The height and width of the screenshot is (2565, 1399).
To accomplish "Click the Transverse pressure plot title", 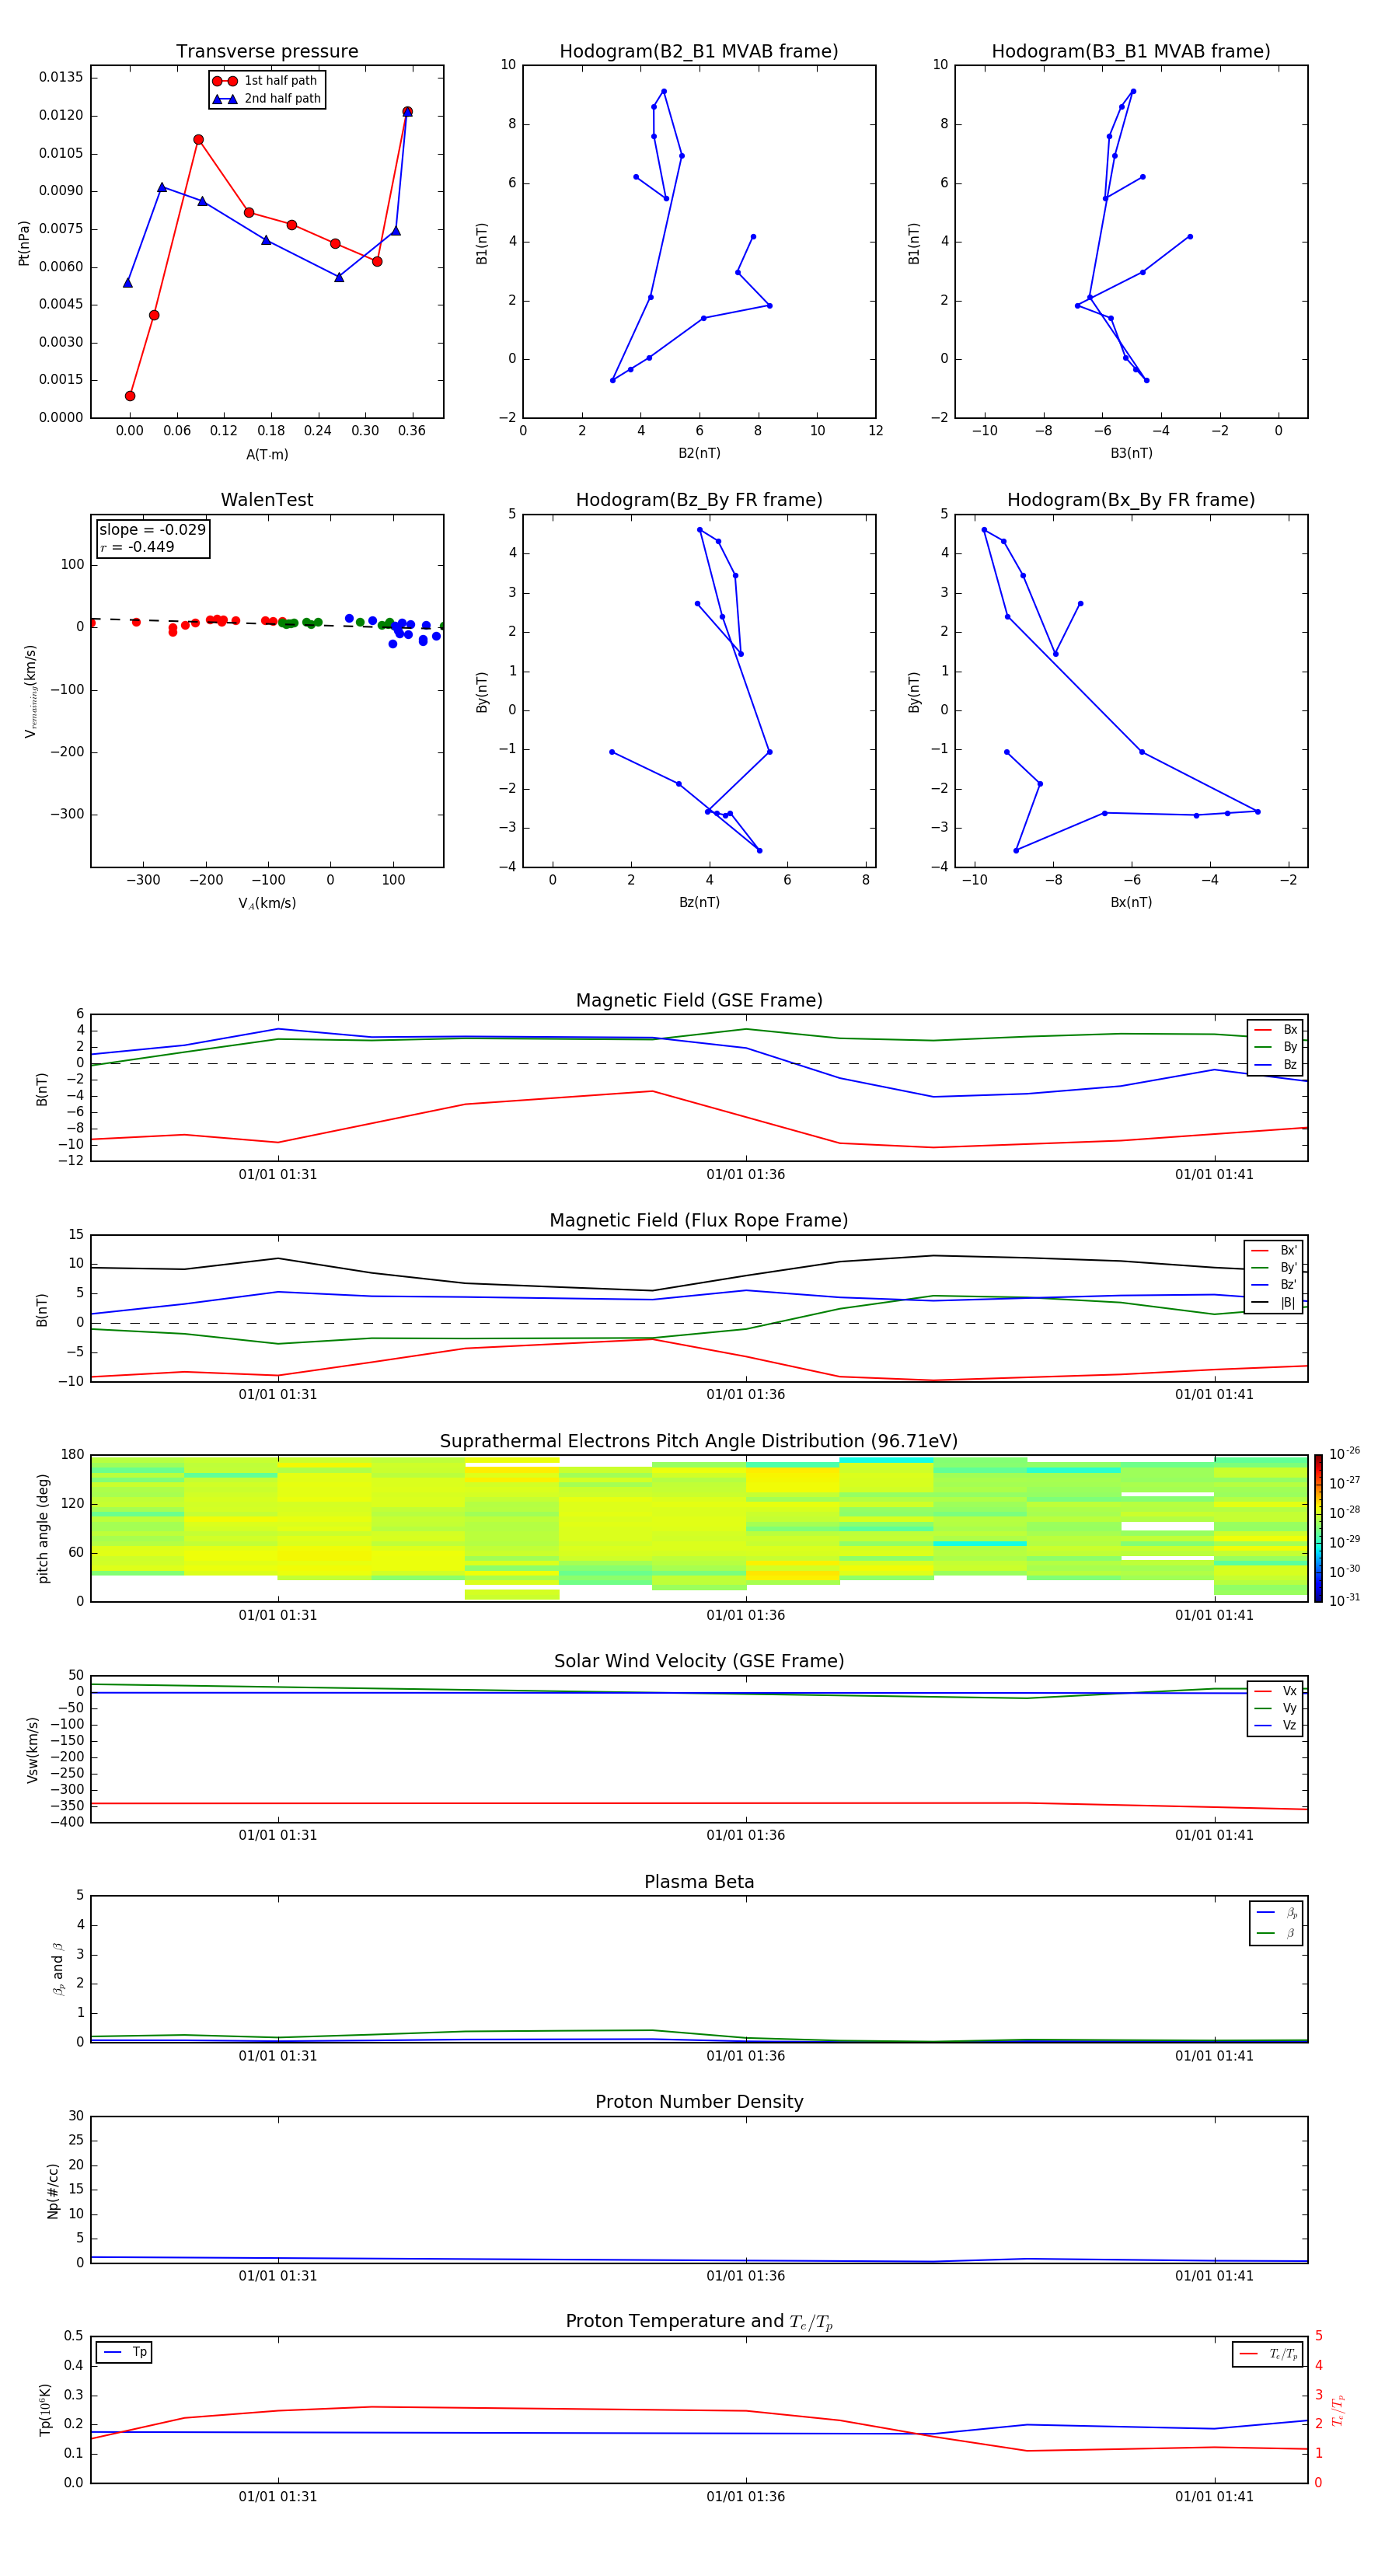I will (267, 52).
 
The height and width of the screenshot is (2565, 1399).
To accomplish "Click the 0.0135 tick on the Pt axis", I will (61, 78).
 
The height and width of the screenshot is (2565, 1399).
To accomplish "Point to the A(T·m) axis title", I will (267, 455).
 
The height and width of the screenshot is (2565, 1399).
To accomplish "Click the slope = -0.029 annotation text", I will (152, 530).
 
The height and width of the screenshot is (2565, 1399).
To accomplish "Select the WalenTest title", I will (267, 500).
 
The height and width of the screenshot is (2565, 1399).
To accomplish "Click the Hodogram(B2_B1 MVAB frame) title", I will (698, 52).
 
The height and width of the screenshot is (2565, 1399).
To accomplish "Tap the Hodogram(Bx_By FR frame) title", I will (1130, 500).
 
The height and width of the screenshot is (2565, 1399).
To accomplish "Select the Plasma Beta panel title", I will (698, 1882).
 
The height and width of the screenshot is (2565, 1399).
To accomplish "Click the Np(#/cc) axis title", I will (53, 2190).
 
